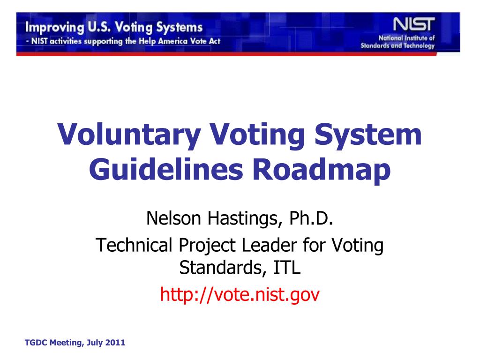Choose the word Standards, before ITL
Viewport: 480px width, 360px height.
221,268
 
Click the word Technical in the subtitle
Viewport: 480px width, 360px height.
134,245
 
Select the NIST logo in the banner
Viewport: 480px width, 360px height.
413,24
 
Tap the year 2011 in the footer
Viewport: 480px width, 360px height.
115,343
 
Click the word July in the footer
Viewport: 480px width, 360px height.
94,343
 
